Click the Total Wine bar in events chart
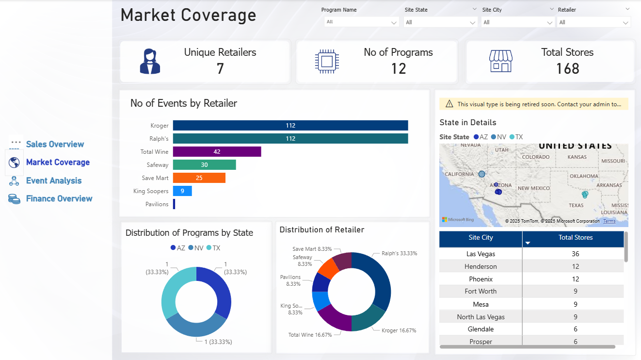[x=217, y=152]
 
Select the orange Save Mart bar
[x=199, y=178]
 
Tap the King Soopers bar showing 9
[x=182, y=191]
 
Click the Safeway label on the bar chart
[x=158, y=165]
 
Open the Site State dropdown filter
[x=441, y=22]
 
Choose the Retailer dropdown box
[x=593, y=22]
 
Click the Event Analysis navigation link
[x=53, y=180]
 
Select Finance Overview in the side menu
[x=59, y=198]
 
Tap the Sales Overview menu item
[x=55, y=144]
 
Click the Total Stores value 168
[x=567, y=69]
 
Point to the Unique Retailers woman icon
[x=150, y=62]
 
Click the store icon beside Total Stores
[x=500, y=62]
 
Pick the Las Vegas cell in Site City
[x=481, y=254]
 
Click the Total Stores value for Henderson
[x=575, y=266]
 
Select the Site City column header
[x=481, y=238]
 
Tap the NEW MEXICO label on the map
[x=533, y=188]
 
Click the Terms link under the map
[x=609, y=221]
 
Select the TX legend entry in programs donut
[x=213, y=248]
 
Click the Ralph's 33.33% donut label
[x=399, y=253]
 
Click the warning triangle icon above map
[x=449, y=104]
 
